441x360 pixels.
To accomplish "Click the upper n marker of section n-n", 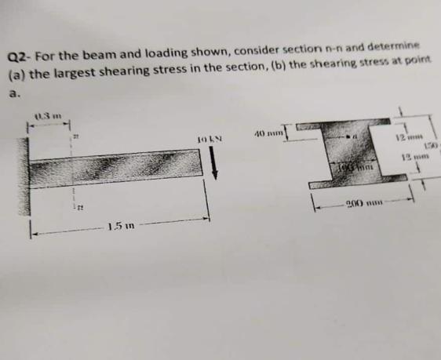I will pyautogui.click(x=76, y=137).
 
